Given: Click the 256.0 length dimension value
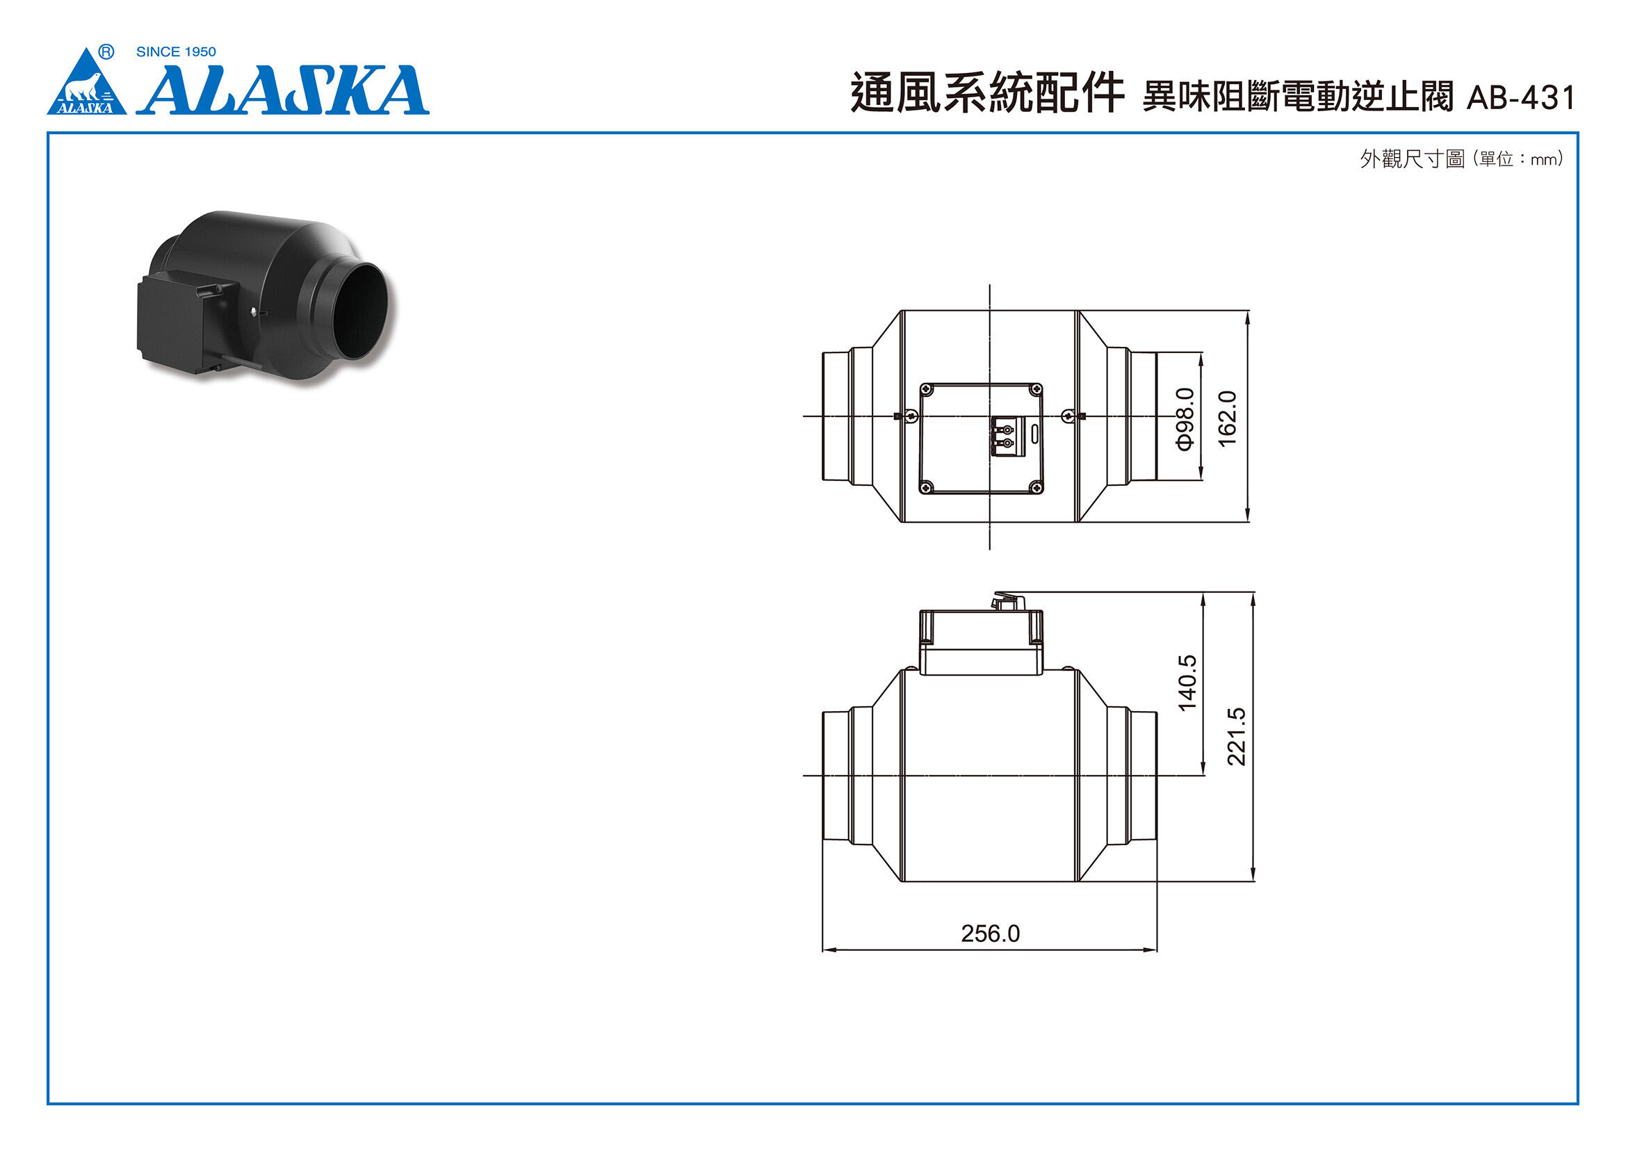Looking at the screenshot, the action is coord(990,934).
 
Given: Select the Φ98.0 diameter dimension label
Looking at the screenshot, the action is coord(1185,418).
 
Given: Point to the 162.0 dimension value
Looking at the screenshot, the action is coord(1227,418).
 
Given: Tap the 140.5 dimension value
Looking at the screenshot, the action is coord(1187,683).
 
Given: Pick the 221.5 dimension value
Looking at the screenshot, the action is coord(1236,736).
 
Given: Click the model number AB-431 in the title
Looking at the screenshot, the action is coord(1520,98).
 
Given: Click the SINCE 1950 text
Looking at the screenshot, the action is coord(176,51).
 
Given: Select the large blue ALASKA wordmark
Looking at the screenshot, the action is coord(283,90).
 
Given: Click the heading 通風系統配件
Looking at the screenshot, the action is coord(987,93).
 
